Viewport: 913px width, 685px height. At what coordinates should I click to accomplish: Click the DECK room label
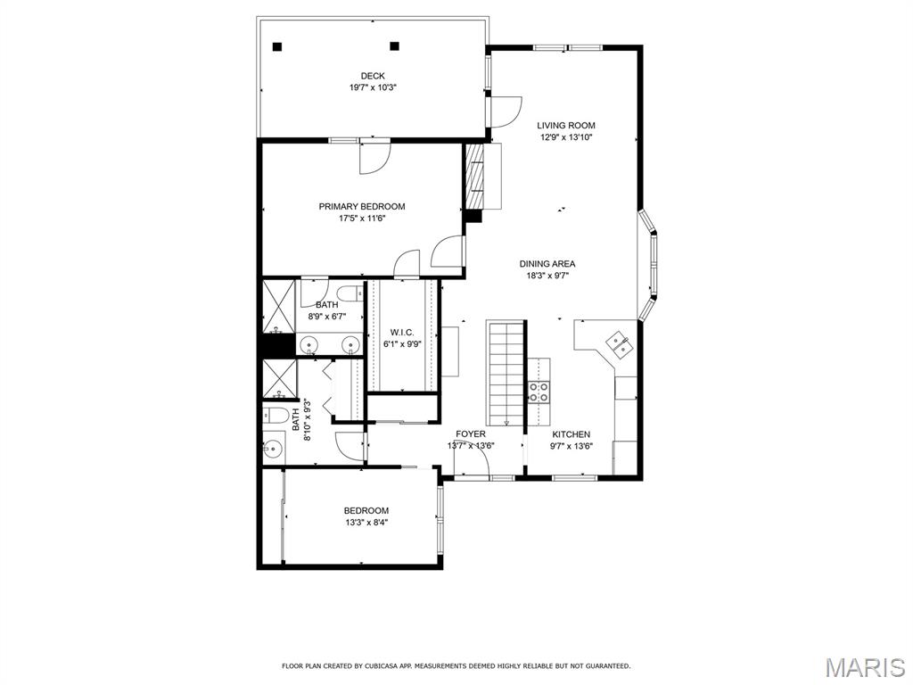click(x=373, y=76)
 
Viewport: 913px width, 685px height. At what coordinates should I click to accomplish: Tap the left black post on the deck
click(x=277, y=46)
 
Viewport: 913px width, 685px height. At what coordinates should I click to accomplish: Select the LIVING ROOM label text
click(x=565, y=126)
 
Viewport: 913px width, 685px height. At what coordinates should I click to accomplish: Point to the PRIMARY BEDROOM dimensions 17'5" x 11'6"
click(x=362, y=219)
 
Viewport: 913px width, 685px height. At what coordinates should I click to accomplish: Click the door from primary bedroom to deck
click(x=374, y=157)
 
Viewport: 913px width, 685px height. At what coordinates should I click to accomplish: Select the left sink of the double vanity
click(x=309, y=344)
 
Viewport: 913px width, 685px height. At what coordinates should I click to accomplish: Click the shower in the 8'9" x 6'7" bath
click(x=278, y=306)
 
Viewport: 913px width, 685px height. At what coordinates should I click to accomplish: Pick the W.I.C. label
click(x=400, y=333)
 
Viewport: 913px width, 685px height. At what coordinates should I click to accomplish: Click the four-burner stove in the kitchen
click(x=539, y=392)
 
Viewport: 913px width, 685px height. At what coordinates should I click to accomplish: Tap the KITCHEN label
click(x=571, y=434)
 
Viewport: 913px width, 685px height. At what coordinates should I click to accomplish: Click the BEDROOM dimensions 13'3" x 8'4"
click(x=366, y=523)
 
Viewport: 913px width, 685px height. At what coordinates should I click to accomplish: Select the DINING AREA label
click(x=547, y=264)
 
